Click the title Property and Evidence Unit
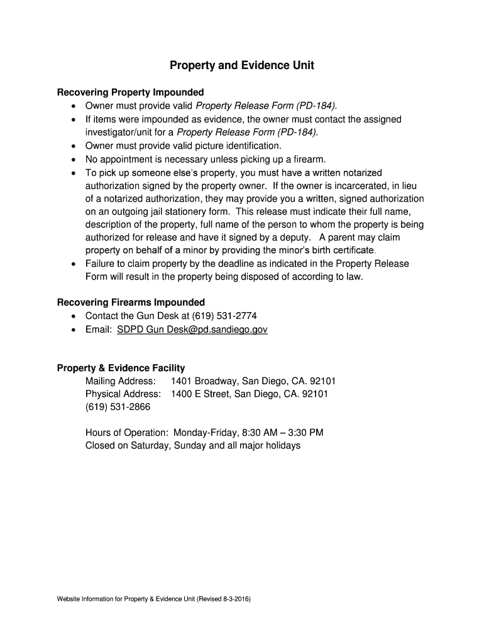[x=242, y=65]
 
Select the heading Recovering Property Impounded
[x=130, y=92]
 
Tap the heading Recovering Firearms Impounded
[x=131, y=302]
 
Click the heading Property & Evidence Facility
[x=121, y=368]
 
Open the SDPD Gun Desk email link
[x=192, y=329]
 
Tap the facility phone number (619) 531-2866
[x=118, y=407]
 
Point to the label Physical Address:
[x=123, y=394]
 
